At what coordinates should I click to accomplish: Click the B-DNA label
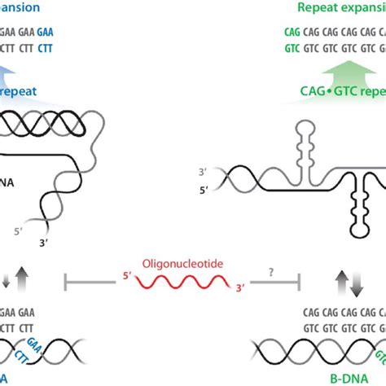tap(351, 377)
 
